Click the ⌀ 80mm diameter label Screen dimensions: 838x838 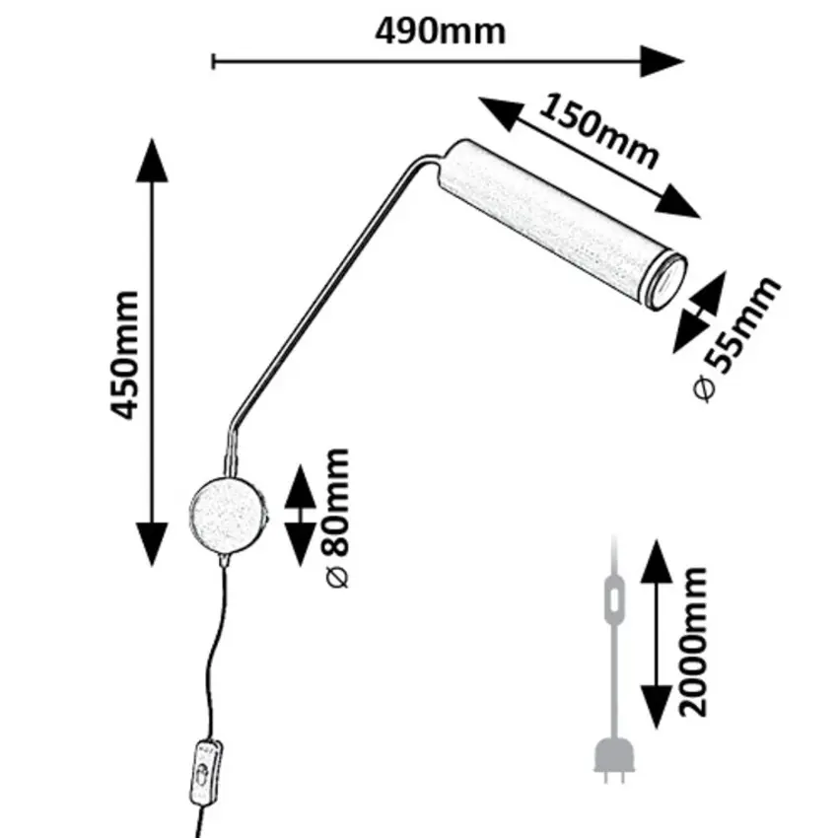(336, 517)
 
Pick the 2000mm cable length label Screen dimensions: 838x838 (696, 641)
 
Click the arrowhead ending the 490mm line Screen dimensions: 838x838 (662, 61)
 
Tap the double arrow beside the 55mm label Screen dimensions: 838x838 (699, 312)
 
